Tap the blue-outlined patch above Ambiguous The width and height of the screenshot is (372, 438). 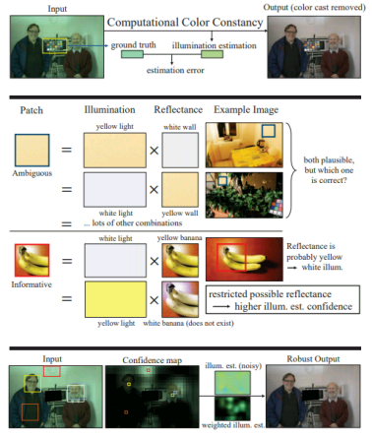pyautogui.click(x=34, y=150)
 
